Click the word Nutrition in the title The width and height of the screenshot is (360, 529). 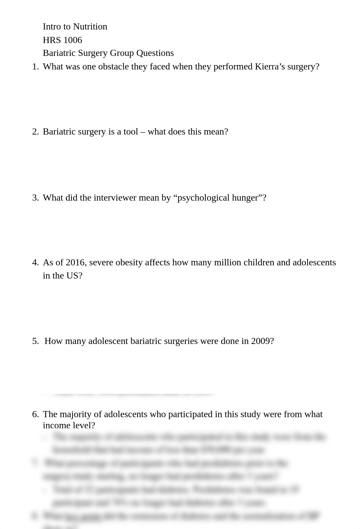pos(90,27)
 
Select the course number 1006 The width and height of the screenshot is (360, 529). pos(72,40)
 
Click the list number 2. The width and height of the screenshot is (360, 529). pos(35,132)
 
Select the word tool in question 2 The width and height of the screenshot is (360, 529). pos(131,132)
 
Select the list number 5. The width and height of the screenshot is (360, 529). pos(35,341)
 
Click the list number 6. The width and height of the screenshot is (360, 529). pos(35,414)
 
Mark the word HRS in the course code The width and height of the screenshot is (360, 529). pos(50,40)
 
